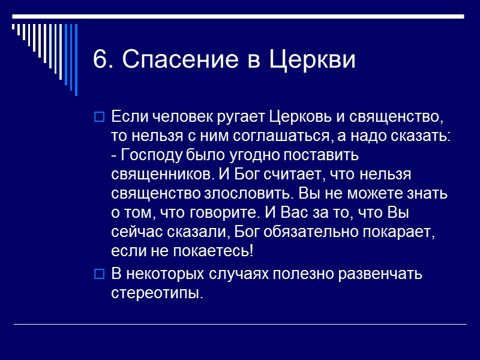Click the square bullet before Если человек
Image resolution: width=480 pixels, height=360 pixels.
pyautogui.click(x=100, y=115)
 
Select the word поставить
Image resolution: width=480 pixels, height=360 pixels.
pyautogui.click(x=319, y=155)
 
